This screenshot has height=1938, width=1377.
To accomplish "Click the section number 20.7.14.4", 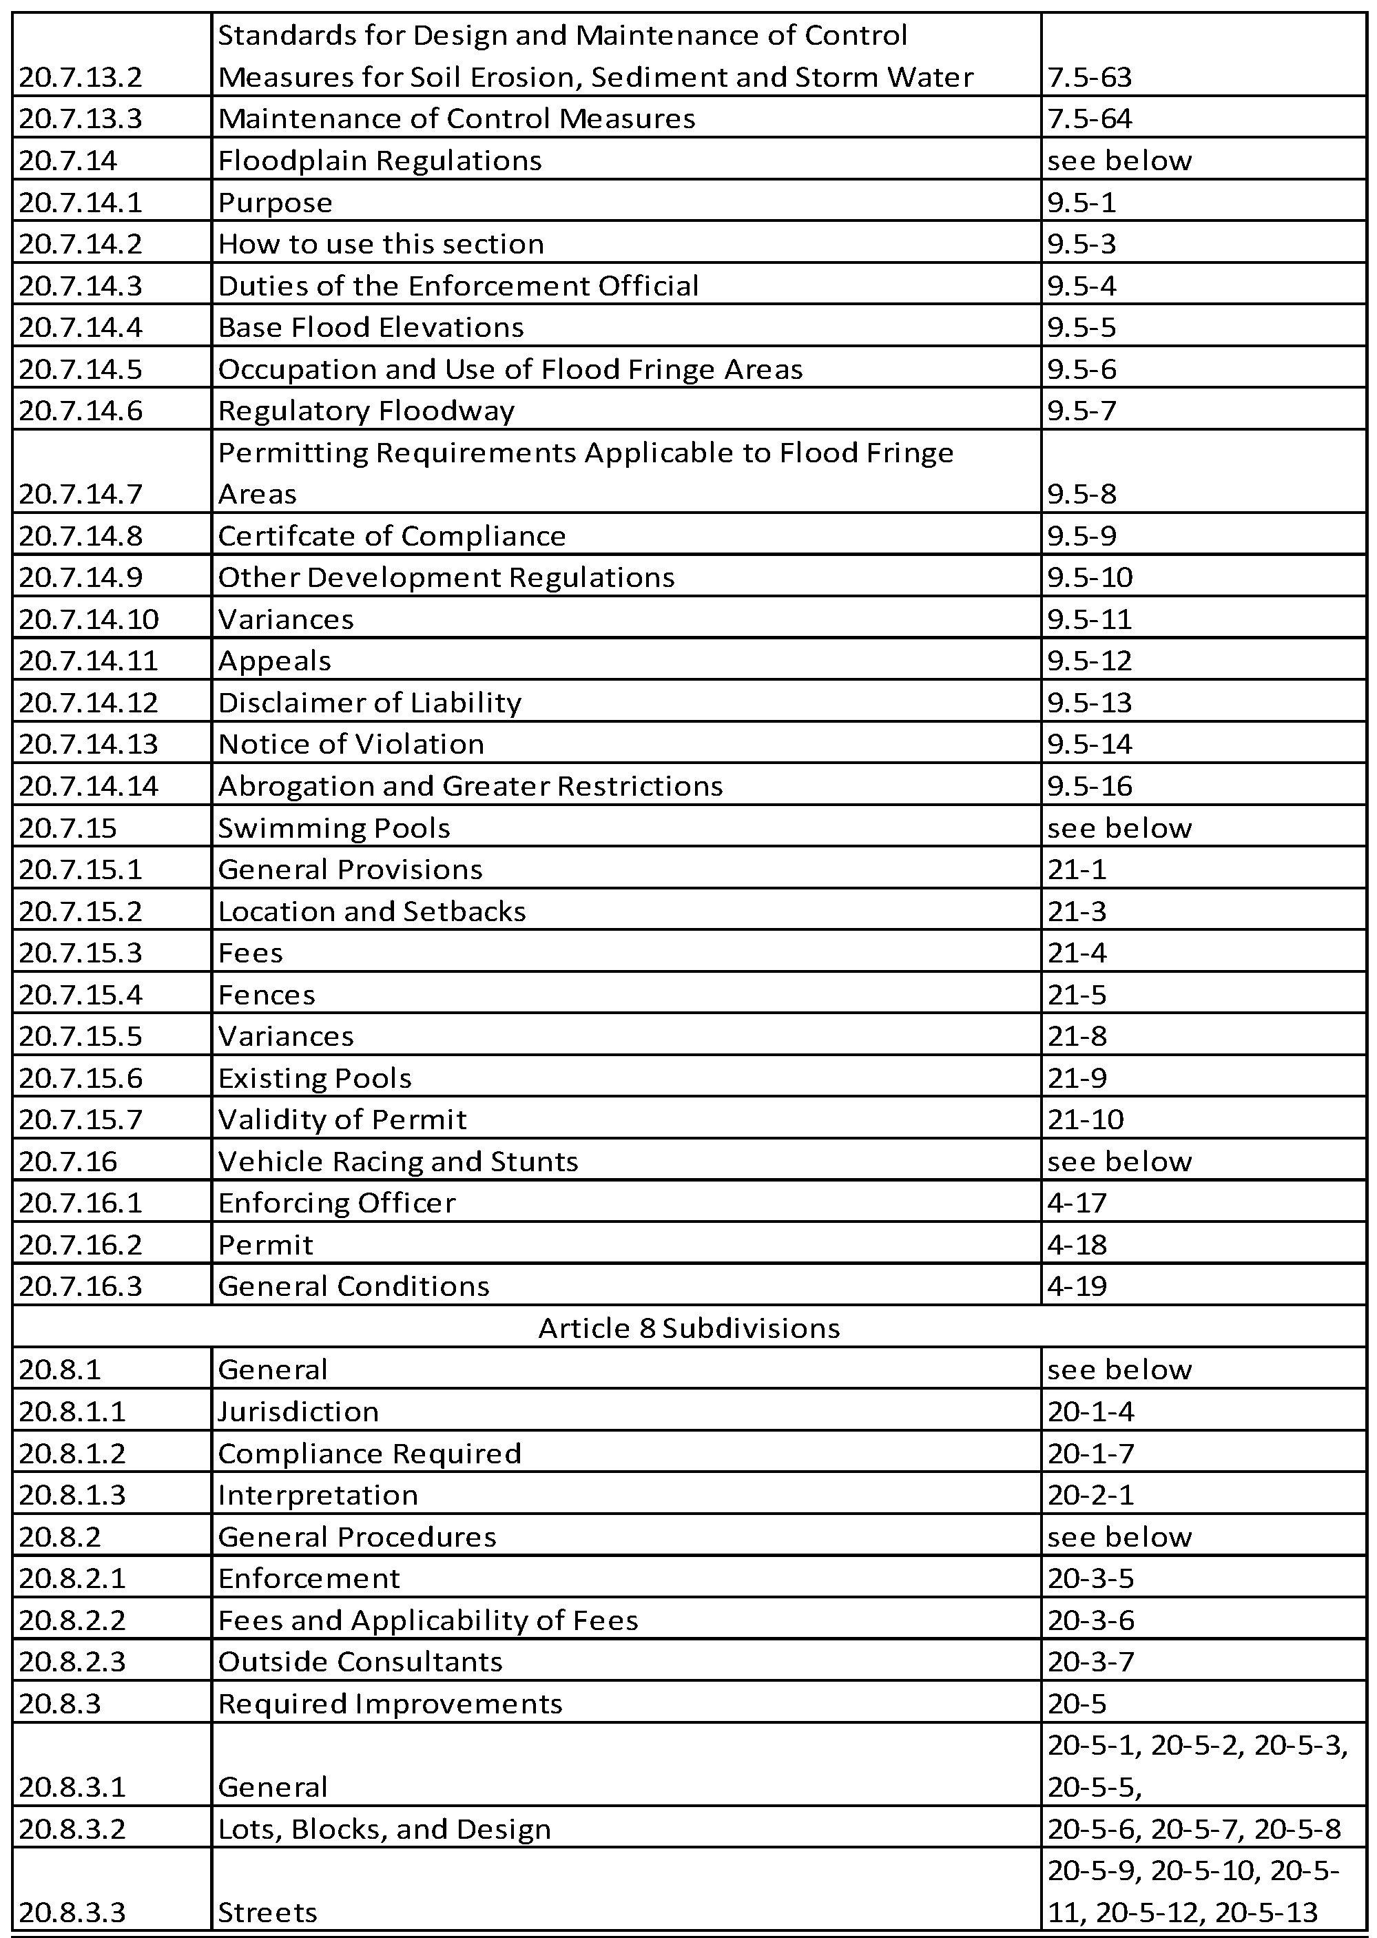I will pos(81,327).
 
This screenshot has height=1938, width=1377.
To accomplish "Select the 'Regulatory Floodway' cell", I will pos(366,411).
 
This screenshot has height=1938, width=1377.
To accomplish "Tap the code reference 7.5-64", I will pos(1090,118).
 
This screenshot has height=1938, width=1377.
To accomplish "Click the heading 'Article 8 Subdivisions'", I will pos(689,1328).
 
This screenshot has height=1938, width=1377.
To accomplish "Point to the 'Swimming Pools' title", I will pos(334,827).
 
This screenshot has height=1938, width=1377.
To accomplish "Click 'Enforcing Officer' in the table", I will pos(337,1202).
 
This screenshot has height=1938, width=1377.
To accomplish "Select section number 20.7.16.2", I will pos(81,1244).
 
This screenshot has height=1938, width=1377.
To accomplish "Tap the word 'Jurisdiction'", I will pos(298,1411).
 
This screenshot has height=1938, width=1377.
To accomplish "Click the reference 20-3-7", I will pos(1090,1661).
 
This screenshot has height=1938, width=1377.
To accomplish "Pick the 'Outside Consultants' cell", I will pos(360,1661).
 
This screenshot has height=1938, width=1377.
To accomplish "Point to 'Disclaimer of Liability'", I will pos(370,702).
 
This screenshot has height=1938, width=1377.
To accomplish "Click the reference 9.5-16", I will pos(1090,786).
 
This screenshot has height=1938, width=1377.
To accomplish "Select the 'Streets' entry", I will pos(268,1912).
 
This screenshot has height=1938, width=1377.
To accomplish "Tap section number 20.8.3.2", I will pos(73,1828).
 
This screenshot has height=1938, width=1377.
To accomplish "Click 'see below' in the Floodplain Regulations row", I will pos(1119,161).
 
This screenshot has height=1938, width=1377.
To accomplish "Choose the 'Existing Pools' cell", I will pos(315,1078).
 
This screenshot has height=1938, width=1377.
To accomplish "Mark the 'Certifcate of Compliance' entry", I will pos(392,536).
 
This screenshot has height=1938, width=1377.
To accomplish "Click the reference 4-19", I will pos(1077,1286).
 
